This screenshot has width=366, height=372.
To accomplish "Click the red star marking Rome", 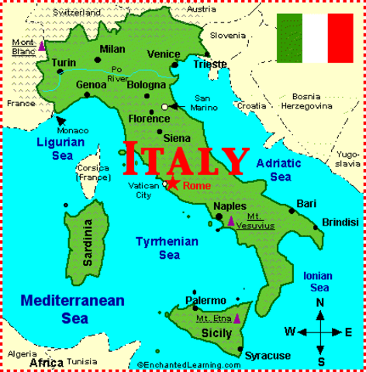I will [174, 184].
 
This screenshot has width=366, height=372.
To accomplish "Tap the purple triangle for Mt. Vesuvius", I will [230, 221].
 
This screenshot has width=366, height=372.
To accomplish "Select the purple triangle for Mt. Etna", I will [237, 318].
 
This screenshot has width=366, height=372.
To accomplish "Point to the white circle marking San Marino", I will [164, 106].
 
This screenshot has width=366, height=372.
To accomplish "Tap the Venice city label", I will [164, 53].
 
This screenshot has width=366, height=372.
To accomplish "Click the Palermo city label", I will [205, 300].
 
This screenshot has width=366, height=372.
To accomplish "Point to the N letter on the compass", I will [320, 302].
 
